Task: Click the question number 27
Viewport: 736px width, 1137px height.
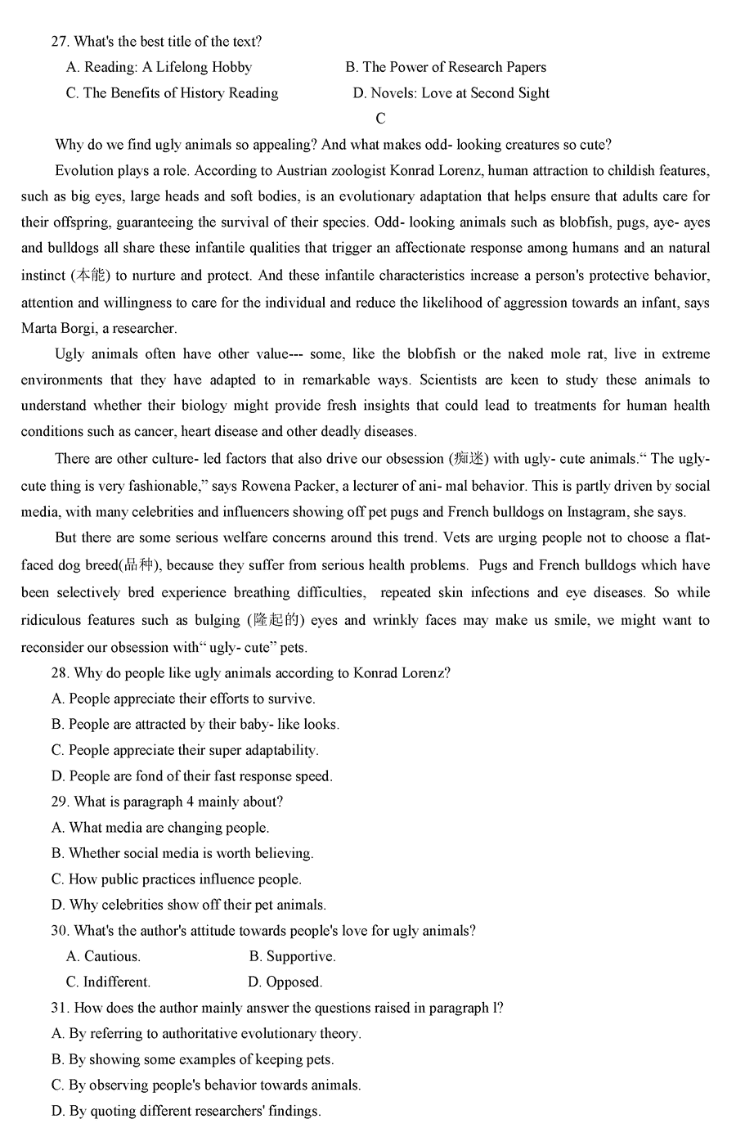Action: pos(60,41)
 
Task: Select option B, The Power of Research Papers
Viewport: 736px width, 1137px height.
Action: pos(446,67)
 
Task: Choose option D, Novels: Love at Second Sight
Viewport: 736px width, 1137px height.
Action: pos(451,93)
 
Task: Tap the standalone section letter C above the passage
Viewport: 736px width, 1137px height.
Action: pos(380,119)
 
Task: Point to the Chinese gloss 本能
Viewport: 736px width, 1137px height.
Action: pos(92,276)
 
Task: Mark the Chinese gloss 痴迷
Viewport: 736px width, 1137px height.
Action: pos(470,459)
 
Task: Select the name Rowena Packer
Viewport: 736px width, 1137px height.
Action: pos(288,486)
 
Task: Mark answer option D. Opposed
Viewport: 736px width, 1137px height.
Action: pos(285,982)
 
